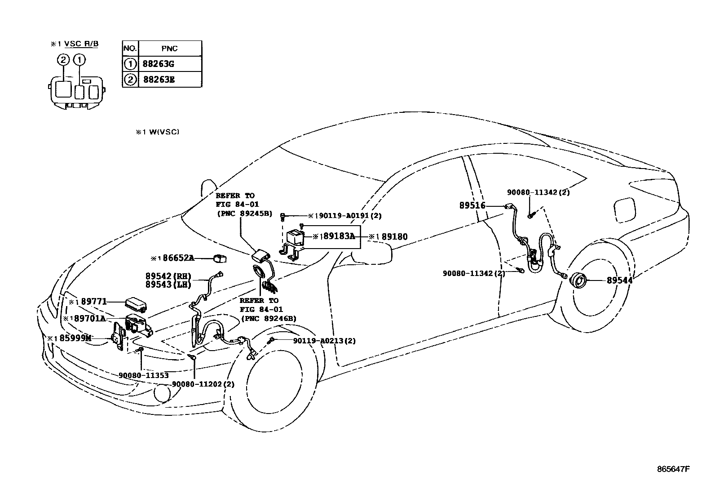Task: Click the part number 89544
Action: pyautogui.click(x=619, y=280)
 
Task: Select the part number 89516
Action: pyautogui.click(x=472, y=205)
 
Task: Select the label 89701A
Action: pyautogui.click(x=89, y=318)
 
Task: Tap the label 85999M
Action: pyautogui.click(x=73, y=338)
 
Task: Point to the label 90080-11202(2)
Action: pyautogui.click(x=203, y=384)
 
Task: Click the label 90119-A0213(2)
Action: pyautogui.click(x=324, y=341)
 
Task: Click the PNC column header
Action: pyautogui.click(x=169, y=49)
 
